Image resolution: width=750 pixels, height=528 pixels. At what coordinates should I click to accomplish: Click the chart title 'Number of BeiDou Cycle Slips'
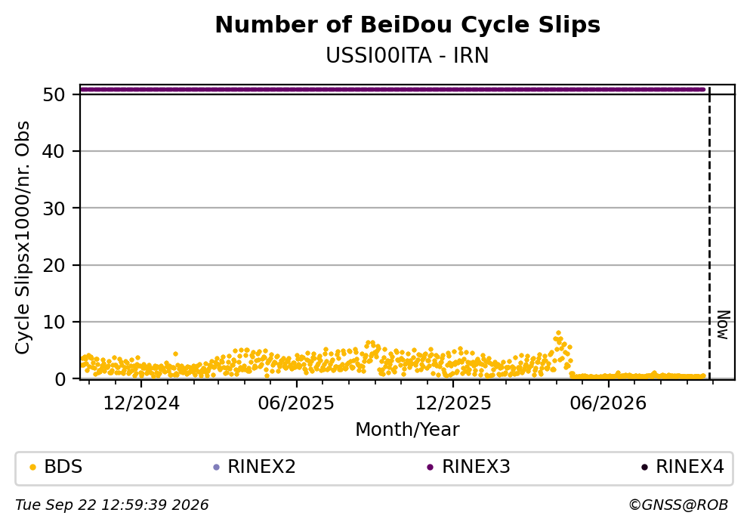[408, 25]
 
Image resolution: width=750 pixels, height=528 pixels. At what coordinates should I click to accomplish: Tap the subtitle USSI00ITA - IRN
[408, 56]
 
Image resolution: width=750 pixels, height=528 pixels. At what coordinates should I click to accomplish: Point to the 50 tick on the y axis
[54, 94]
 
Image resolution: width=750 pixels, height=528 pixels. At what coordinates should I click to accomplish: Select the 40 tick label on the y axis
[54, 152]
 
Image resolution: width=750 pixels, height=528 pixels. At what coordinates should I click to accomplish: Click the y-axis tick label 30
[54, 208]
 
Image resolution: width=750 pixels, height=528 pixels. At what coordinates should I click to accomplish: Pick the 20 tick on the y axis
[54, 265]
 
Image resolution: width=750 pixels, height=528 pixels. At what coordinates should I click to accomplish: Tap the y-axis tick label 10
[54, 323]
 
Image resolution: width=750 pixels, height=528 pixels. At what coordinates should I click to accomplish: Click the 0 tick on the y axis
[60, 379]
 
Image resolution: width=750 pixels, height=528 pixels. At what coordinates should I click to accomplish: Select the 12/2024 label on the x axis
[141, 403]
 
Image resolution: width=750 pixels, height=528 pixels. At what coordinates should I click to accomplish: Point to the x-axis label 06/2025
[296, 403]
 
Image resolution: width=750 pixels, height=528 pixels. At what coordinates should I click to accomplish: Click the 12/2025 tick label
[453, 403]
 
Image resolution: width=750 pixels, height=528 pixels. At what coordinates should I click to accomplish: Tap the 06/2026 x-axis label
[608, 403]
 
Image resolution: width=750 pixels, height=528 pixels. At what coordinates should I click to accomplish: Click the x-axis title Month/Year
[408, 430]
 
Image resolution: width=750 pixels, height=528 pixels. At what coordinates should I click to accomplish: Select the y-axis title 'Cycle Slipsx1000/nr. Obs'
[23, 237]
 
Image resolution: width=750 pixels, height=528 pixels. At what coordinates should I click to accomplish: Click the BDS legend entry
[56, 467]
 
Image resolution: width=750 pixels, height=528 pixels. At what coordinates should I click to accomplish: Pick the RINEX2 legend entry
[255, 467]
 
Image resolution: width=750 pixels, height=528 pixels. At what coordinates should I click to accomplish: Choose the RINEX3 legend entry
[469, 467]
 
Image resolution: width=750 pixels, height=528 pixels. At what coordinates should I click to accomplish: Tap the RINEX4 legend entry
[683, 467]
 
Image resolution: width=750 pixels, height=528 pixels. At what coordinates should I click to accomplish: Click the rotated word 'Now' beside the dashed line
[724, 326]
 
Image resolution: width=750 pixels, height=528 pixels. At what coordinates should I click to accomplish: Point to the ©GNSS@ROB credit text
[678, 505]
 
